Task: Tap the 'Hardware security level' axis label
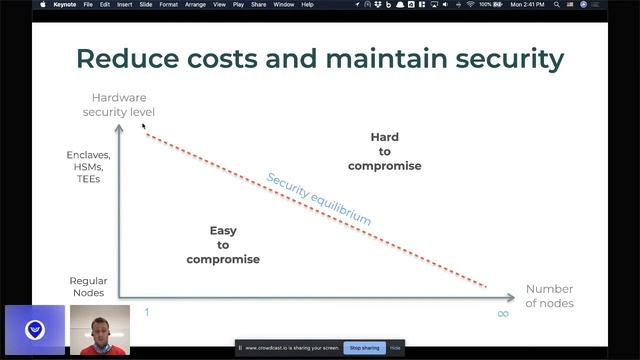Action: coord(119,105)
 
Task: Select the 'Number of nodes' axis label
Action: coord(549,296)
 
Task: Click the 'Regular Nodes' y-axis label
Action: coord(88,289)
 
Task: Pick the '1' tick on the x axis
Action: coord(146,312)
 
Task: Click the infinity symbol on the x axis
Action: coord(503,313)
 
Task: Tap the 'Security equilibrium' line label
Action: coord(318,199)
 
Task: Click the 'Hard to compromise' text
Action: coord(384,151)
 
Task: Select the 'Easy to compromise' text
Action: coord(223,245)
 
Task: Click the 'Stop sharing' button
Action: coord(364,347)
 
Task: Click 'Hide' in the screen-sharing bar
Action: coord(395,347)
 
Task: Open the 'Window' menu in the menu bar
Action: coord(283,5)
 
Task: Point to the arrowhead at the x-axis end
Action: coord(511,297)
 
